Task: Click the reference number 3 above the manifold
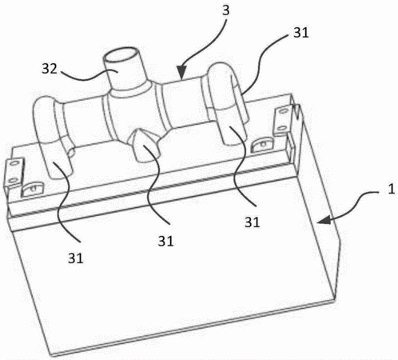click(225, 10)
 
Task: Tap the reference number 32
click(50, 69)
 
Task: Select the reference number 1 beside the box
click(391, 189)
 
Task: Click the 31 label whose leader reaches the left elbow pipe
click(75, 258)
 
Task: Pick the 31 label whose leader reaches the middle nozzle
click(165, 241)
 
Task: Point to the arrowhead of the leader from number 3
click(181, 73)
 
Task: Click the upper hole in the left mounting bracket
click(14, 162)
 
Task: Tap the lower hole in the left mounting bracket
click(13, 181)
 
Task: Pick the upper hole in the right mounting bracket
click(283, 110)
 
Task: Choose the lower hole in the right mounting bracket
click(281, 129)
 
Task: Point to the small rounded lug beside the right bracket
click(263, 144)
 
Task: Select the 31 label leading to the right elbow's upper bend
click(301, 33)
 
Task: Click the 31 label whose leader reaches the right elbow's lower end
click(252, 222)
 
